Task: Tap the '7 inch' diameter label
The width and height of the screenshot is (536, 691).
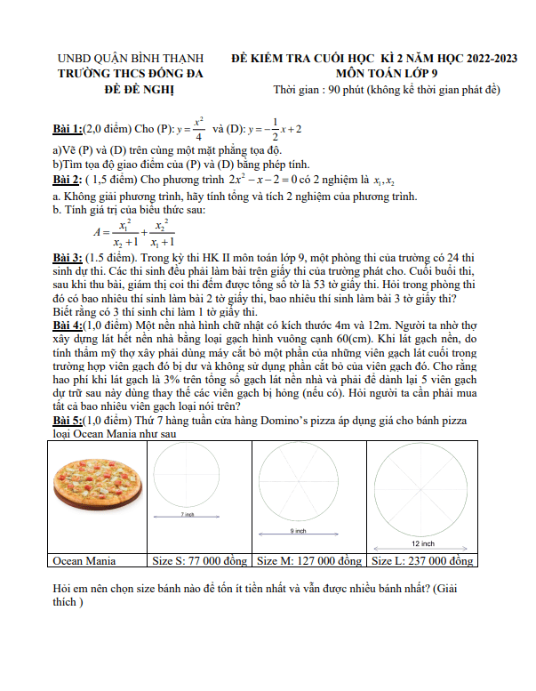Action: pos(187,515)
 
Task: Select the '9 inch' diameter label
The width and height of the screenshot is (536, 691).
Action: pos(299,531)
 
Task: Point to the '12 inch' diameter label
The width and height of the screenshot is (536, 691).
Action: pos(422,542)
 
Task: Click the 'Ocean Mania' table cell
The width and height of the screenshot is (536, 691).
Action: pos(84,561)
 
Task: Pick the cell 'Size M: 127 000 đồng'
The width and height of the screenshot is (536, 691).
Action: pos(309,561)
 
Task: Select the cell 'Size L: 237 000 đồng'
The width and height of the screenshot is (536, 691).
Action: pos(420,561)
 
